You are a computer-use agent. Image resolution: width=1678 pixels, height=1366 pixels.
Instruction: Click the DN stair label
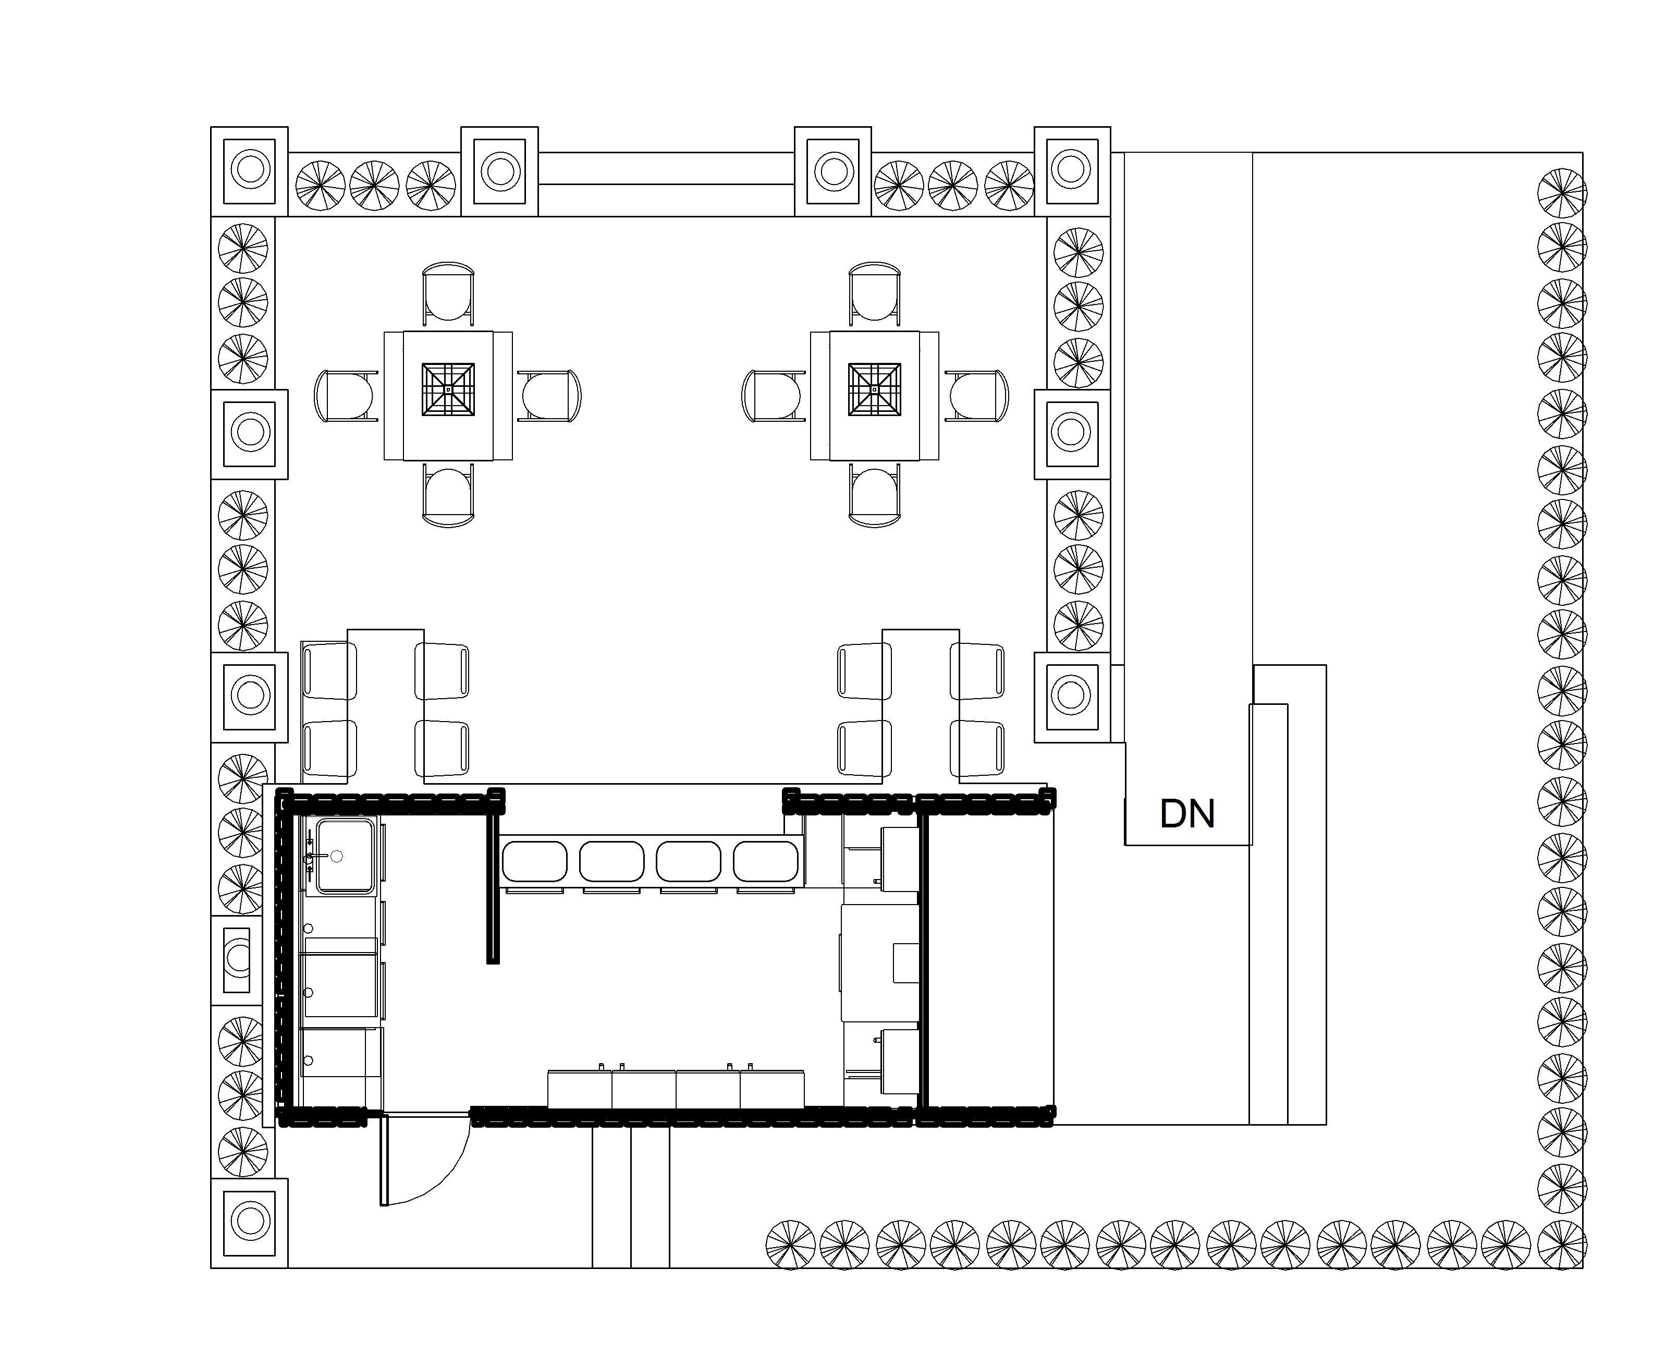1186,814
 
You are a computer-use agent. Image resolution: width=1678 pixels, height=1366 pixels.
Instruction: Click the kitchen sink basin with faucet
345,856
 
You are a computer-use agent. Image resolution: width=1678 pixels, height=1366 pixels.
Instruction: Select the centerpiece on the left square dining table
448,389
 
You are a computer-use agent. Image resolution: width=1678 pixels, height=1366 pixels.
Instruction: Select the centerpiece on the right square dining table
874,389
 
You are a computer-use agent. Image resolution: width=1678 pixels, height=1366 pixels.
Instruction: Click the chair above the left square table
448,292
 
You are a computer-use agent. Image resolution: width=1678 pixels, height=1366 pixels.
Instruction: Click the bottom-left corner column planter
249,1222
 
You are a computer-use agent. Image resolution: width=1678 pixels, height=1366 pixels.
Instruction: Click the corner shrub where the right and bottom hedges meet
1562,1245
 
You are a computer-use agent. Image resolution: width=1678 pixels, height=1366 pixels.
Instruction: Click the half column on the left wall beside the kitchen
238,960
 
